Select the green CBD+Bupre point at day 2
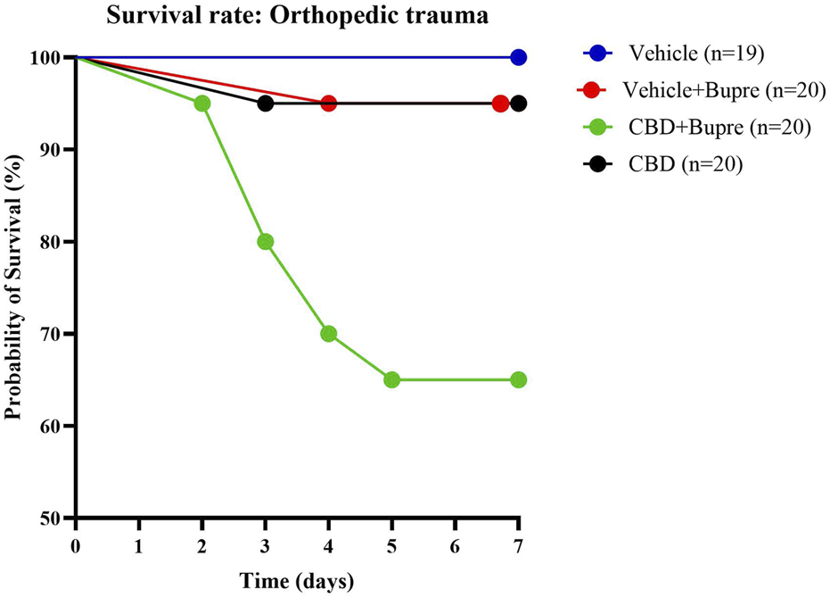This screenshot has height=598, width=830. (x=202, y=104)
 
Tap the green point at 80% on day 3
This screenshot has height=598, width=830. (x=265, y=242)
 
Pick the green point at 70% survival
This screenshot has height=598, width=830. (x=328, y=334)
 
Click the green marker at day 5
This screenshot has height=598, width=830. (x=391, y=379)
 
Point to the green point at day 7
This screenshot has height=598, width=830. (x=518, y=379)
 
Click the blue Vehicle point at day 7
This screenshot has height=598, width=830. (x=518, y=57)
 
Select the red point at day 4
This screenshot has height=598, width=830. (x=328, y=104)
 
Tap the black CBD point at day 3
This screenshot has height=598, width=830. (x=265, y=104)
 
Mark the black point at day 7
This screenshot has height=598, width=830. (x=519, y=104)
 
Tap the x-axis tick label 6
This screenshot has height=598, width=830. (x=455, y=544)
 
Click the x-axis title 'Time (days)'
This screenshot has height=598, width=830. (x=296, y=582)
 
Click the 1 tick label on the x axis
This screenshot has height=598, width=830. (x=139, y=544)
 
